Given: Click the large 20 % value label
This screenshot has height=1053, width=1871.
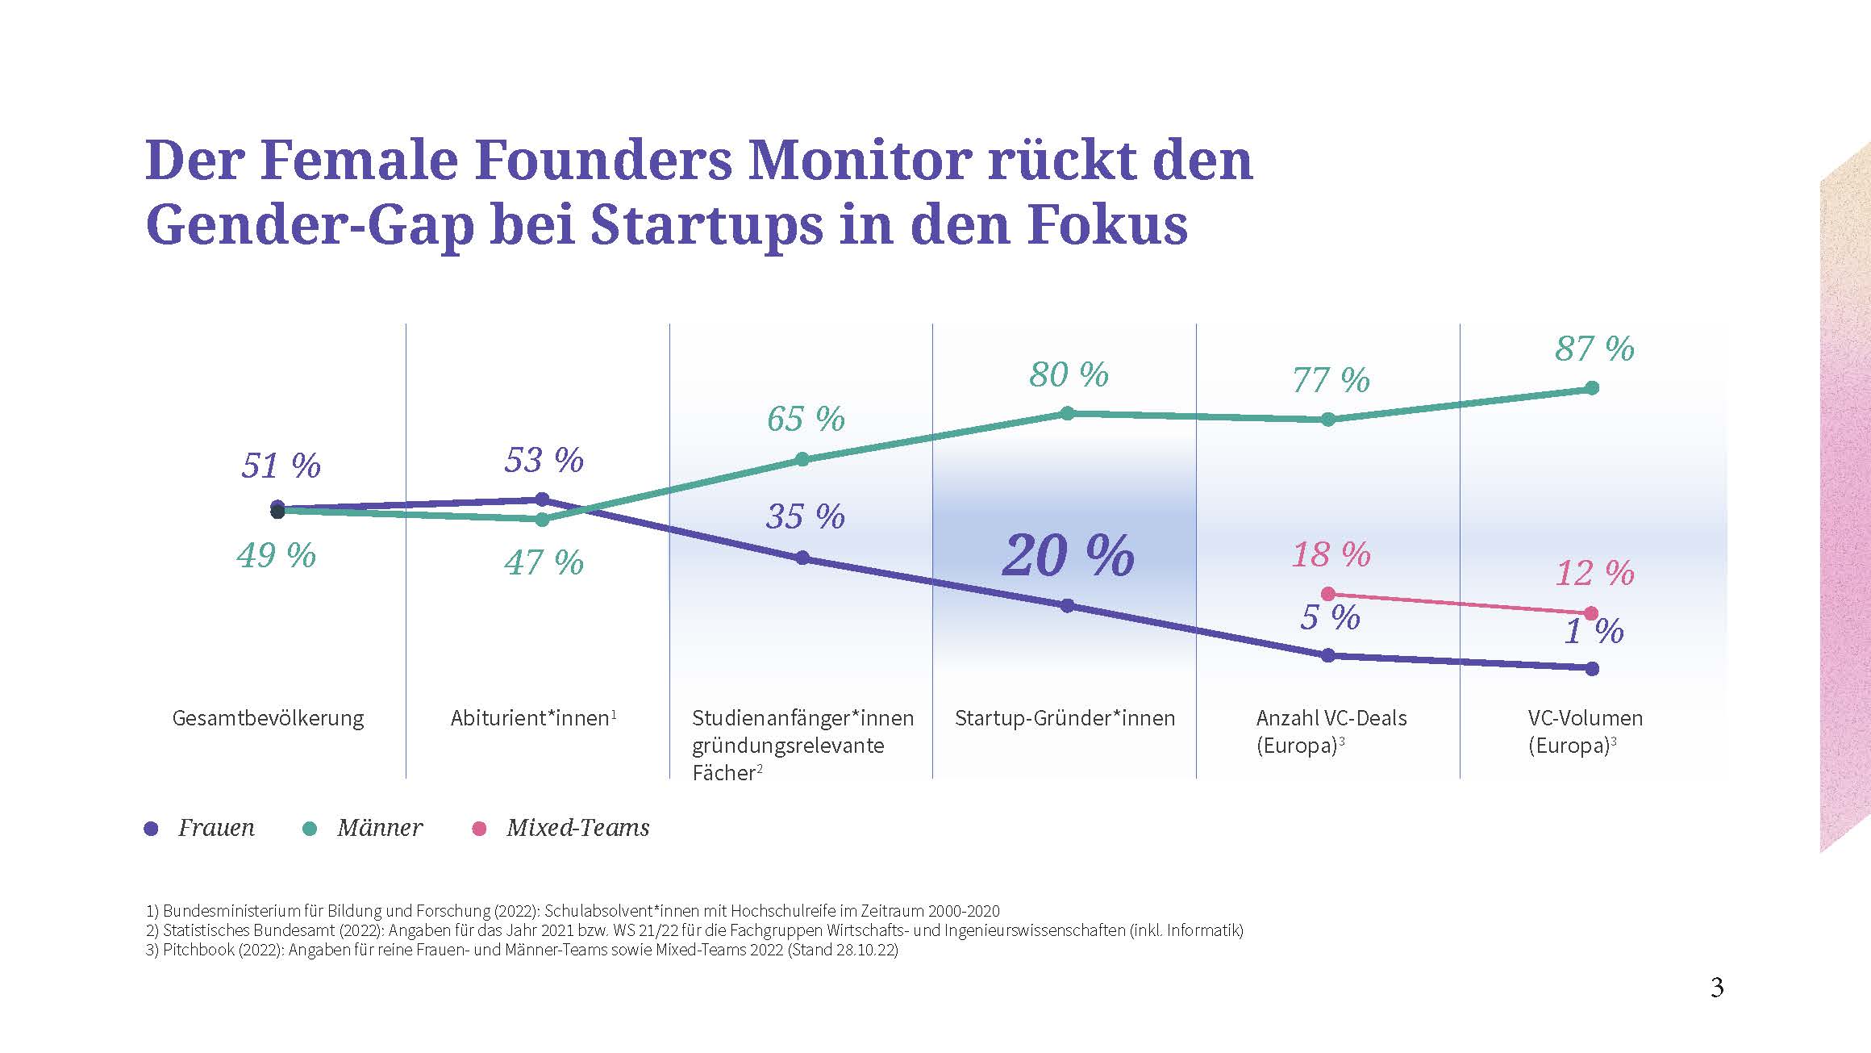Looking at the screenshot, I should tap(1069, 556).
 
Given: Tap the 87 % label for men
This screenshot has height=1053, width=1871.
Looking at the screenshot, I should tap(1594, 349).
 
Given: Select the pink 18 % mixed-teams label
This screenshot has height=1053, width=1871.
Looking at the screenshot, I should tap(1331, 555).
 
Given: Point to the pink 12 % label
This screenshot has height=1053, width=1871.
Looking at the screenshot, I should tap(1594, 574).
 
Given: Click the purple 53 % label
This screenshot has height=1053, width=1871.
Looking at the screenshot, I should tap(544, 461).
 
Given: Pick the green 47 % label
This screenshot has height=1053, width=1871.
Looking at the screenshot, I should tap(544, 562).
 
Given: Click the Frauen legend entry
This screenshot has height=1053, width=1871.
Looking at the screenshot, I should tap(215, 828).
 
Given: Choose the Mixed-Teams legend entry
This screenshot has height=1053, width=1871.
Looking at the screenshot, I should tap(577, 828).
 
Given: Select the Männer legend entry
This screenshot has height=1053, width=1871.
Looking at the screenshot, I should tap(379, 828).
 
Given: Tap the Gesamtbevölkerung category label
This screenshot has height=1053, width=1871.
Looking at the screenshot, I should tap(268, 718).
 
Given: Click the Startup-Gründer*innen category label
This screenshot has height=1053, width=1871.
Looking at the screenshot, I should tap(1065, 718).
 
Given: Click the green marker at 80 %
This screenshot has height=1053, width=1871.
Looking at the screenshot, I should tap(1067, 413).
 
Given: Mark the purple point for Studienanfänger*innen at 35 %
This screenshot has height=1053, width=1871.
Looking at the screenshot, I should tap(802, 558).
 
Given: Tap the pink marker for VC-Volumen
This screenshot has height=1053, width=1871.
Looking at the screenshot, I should tap(1591, 614).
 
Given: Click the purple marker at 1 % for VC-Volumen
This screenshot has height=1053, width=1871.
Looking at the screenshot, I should tap(1592, 668).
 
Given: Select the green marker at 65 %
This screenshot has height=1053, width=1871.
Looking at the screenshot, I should tap(802, 459).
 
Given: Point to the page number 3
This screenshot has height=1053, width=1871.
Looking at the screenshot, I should tap(1717, 988).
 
